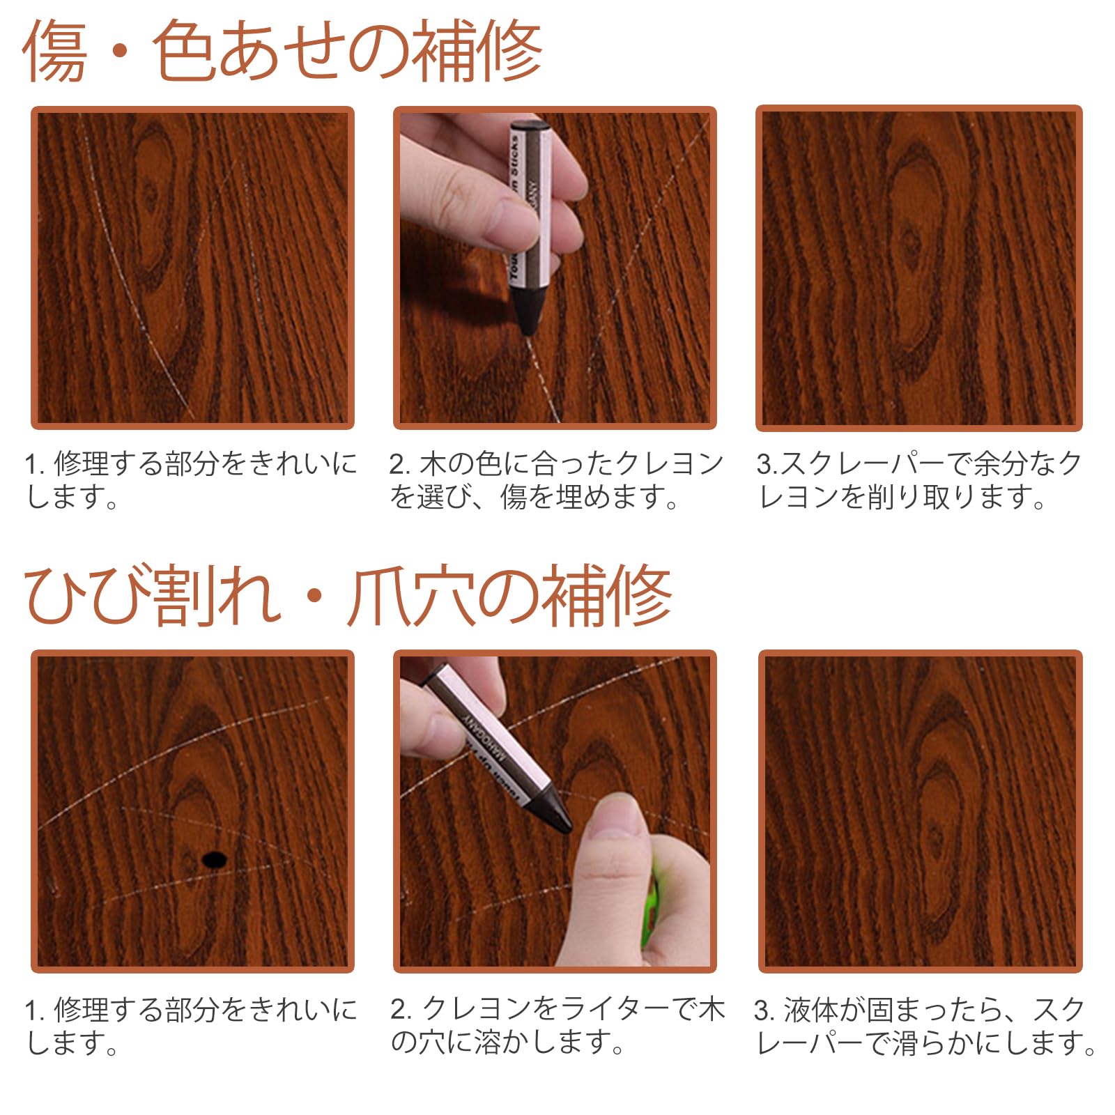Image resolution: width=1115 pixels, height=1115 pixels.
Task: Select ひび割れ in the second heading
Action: [150, 597]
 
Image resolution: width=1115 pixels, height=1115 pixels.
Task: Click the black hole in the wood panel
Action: [214, 859]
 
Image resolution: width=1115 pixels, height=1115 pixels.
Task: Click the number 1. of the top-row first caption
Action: [35, 464]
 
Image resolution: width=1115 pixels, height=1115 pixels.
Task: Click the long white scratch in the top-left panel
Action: [132, 293]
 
